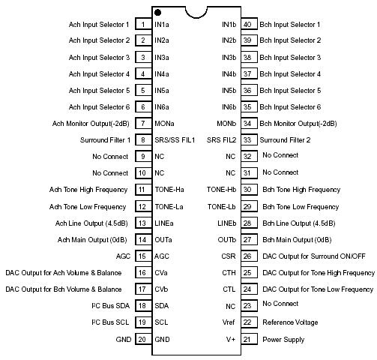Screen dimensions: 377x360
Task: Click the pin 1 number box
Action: coord(142,24)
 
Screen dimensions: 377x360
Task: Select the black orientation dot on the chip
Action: coord(157,12)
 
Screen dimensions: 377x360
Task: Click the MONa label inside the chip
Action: coord(164,123)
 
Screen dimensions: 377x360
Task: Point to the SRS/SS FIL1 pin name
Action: coord(175,140)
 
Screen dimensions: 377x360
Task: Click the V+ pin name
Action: coord(232,339)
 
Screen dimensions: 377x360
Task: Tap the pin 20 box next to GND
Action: coord(142,339)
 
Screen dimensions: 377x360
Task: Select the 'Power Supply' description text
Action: coord(283,339)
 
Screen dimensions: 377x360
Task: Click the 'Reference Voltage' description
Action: coord(290,322)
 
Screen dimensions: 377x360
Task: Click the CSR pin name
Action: coord(229,256)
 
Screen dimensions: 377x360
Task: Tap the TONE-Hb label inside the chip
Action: coord(222,190)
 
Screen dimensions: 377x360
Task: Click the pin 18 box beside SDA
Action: coord(142,305)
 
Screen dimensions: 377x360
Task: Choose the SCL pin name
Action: coord(161,322)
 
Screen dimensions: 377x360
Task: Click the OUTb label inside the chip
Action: coord(226,239)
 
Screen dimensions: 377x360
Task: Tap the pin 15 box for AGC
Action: coord(142,256)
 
